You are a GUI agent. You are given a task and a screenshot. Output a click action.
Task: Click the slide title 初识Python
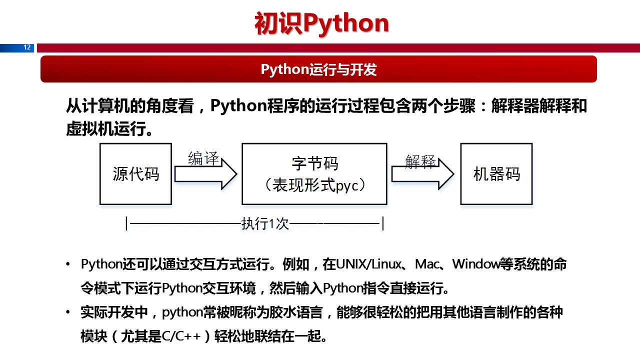click(321, 23)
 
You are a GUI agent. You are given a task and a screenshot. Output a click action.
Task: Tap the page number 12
click(27, 47)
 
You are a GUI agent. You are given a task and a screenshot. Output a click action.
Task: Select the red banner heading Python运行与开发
click(318, 69)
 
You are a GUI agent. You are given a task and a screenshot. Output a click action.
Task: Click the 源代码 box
click(135, 174)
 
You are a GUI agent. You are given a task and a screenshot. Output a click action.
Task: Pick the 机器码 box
click(496, 174)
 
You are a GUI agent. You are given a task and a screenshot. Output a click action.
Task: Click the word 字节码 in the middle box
click(314, 163)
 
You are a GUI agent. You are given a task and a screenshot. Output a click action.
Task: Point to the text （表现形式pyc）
click(314, 185)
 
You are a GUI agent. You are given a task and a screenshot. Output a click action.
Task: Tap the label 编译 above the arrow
click(203, 158)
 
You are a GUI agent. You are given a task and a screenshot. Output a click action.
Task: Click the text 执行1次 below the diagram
click(265, 223)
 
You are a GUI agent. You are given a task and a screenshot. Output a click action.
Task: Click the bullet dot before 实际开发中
click(68, 313)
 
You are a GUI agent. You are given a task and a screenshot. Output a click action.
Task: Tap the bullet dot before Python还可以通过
click(68, 264)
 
